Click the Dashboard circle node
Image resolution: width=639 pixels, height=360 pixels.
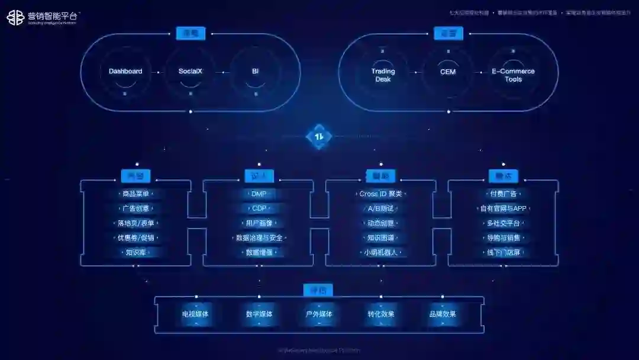click(125, 72)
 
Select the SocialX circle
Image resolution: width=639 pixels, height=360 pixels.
click(191, 72)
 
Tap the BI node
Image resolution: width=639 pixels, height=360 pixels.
click(256, 72)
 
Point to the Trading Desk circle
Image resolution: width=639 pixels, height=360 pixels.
click(383, 75)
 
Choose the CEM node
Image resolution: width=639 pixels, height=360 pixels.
click(448, 72)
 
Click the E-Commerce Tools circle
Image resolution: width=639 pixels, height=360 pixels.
click(513, 75)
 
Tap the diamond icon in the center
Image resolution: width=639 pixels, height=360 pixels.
click(319, 137)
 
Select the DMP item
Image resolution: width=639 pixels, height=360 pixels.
click(259, 194)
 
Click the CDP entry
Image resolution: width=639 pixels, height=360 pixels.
click(259, 208)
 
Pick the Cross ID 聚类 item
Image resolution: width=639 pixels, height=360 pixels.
click(380, 194)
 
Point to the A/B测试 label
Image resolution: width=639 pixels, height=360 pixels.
click(380, 208)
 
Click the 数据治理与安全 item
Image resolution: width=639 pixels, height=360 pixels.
click(259, 238)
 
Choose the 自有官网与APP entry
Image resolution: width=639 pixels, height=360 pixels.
click(503, 208)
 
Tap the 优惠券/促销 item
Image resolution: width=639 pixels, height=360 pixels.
click(135, 238)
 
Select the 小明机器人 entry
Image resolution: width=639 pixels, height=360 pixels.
click(380, 253)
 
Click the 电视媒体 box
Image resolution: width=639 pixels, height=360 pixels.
click(195, 314)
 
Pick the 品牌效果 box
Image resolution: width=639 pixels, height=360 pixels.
click(443, 314)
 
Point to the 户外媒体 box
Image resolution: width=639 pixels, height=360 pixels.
click(319, 314)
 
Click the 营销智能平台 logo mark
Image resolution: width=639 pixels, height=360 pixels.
click(15, 18)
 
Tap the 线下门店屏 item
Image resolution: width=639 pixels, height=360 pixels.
click(503, 253)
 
